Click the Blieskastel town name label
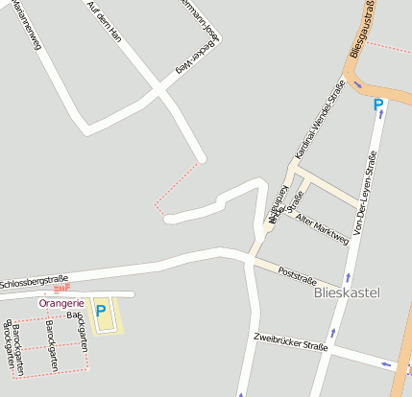tap(348, 292)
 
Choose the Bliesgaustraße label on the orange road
tap(364, 29)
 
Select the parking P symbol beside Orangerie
tap(100, 311)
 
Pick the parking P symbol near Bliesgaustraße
tap(378, 105)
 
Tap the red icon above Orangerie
tap(61, 288)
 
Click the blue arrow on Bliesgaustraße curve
tap(357, 84)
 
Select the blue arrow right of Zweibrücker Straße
tap(385, 363)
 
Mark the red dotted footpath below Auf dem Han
tap(177, 183)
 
